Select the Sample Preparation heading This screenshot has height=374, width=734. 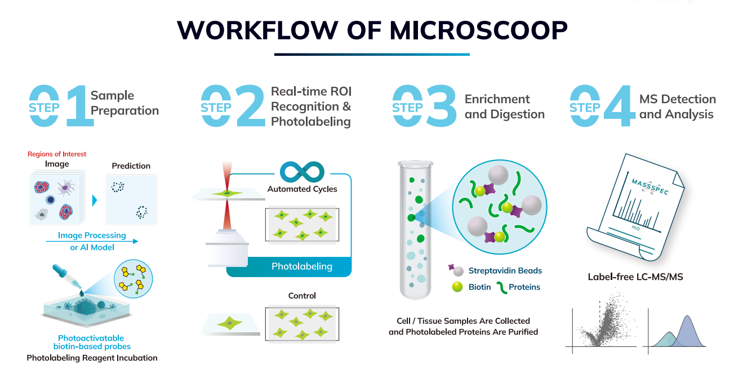pos(124,103)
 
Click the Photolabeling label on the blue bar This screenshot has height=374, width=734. pos(302,266)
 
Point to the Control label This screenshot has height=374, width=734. pos(302,296)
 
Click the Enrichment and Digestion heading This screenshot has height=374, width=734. pos(504,107)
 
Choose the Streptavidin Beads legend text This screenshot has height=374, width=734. pos(505,271)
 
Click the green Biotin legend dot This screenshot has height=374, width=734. pos(457,287)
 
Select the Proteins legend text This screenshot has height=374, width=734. pos(524,287)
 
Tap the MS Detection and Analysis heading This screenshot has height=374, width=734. pos(677,107)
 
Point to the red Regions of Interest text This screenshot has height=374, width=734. pos(57,154)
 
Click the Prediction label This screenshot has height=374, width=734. pos(131,166)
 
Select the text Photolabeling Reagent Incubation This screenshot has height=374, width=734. pos(92,358)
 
